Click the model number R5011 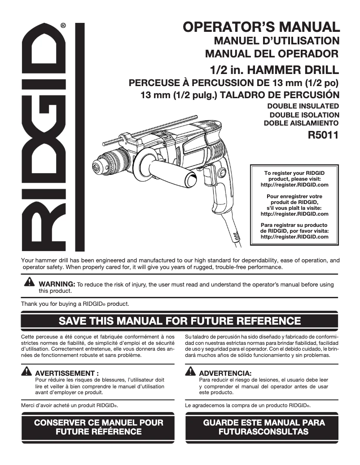[x=323, y=134]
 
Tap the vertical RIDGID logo [x=42, y=137]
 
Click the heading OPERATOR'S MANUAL [x=261, y=26]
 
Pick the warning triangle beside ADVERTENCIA [x=190, y=372]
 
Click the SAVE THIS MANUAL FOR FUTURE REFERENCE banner [x=180, y=321]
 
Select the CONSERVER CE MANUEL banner [x=98, y=427]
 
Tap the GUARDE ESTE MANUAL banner [x=263, y=427]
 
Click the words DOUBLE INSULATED [x=303, y=106]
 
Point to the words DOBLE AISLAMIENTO [x=300, y=122]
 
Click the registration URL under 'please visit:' [x=294, y=185]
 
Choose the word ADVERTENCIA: [x=225, y=373]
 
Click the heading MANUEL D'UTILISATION [x=277, y=41]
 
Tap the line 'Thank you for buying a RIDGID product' [x=75, y=304]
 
